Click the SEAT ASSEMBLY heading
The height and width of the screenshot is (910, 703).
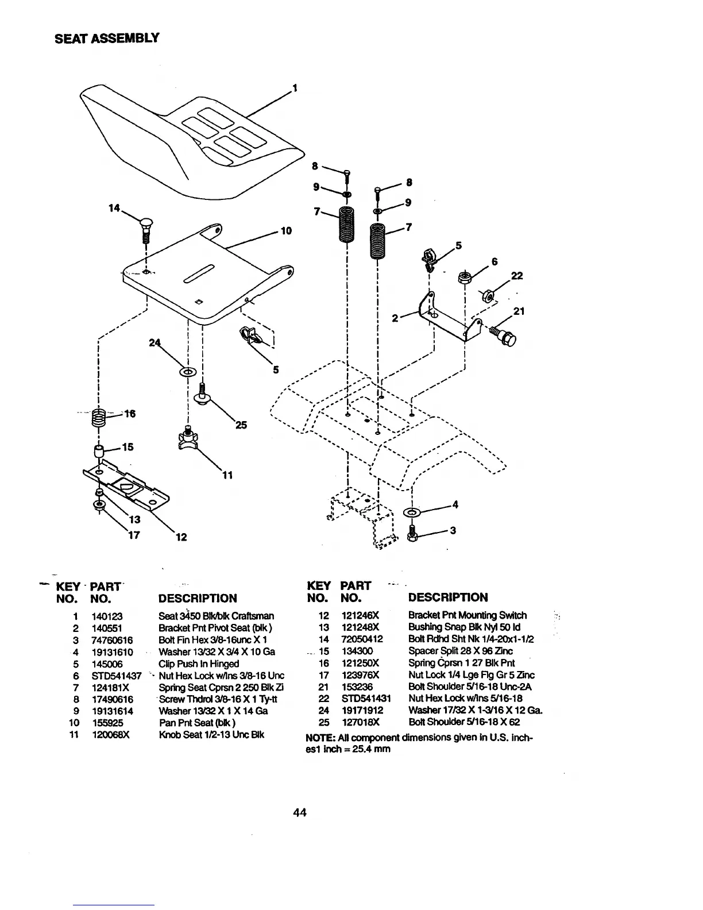[106, 38]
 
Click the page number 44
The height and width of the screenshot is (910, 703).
[299, 812]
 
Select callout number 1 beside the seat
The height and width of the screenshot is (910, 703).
[295, 88]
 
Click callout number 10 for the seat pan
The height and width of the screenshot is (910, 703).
[286, 231]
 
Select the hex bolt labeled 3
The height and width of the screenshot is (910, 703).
[411, 533]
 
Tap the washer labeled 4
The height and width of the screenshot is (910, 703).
[412, 511]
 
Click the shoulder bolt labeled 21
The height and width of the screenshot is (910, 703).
[505, 337]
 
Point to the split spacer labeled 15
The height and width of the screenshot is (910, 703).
[98, 450]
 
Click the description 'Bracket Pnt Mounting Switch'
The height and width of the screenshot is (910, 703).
[467, 615]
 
